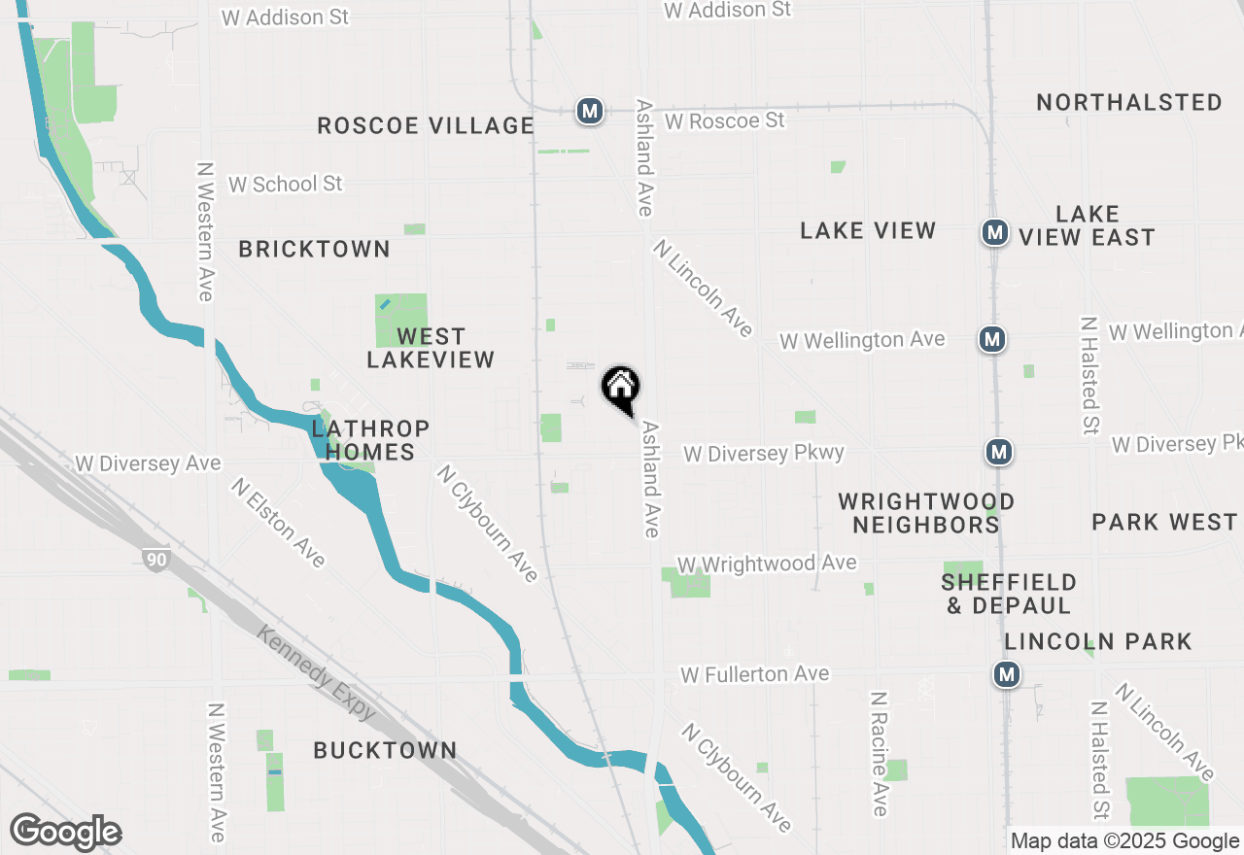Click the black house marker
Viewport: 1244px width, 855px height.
click(x=621, y=390)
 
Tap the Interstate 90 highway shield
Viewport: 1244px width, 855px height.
click(x=155, y=559)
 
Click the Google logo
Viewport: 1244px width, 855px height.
click(x=65, y=832)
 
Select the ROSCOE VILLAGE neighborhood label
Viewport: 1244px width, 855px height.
click(x=426, y=125)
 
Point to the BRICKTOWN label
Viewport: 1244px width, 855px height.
click(x=314, y=249)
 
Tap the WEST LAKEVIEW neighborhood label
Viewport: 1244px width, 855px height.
click(x=431, y=348)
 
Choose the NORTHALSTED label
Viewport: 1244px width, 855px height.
click(x=1128, y=102)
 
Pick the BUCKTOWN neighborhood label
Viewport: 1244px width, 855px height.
click(x=385, y=750)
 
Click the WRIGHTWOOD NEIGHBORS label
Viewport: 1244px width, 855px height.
click(x=926, y=513)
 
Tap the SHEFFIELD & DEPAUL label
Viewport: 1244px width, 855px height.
click(x=1009, y=594)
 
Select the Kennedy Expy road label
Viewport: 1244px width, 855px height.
click(x=317, y=672)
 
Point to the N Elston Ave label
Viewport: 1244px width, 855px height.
click(x=278, y=522)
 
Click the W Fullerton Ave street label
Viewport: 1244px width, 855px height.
click(x=754, y=673)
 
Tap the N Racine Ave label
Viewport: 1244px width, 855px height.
click(x=879, y=754)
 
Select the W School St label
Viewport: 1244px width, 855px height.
click(x=285, y=184)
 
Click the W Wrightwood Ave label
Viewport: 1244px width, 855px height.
click(x=767, y=564)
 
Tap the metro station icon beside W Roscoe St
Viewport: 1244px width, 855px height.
click(x=589, y=111)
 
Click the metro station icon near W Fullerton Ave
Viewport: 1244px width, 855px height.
click(x=1007, y=674)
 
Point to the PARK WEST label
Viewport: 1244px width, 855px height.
click(x=1163, y=522)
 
